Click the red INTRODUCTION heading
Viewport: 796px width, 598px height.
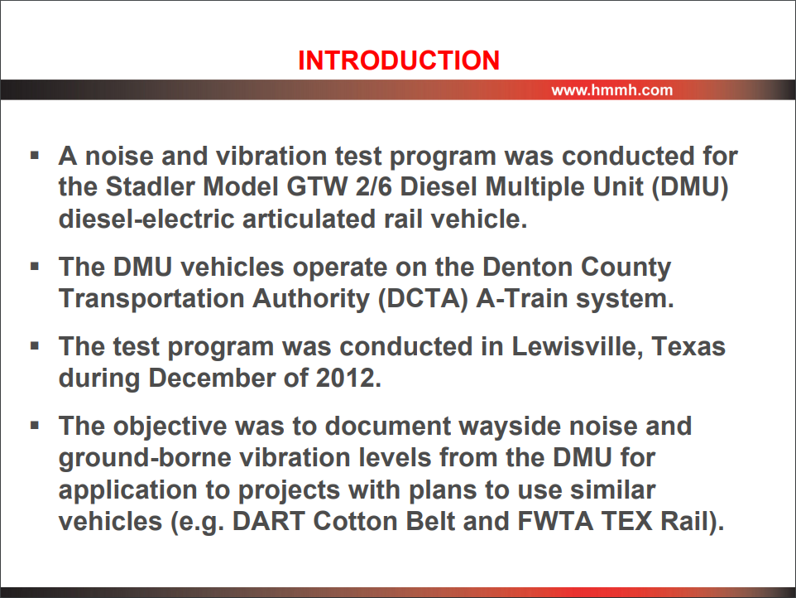tap(399, 60)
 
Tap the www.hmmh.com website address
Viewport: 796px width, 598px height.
tap(611, 90)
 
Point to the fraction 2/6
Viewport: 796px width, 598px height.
tap(374, 186)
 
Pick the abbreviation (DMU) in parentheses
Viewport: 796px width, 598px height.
tap(690, 187)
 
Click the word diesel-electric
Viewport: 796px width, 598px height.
tap(146, 219)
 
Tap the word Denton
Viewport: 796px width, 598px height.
tap(527, 267)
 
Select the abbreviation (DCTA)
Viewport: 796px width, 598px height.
tap(423, 299)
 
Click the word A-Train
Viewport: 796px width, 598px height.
tap(522, 298)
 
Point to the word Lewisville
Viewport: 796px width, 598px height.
tap(578, 346)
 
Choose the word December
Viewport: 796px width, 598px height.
tap(228, 378)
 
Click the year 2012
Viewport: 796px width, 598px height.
tap(348, 378)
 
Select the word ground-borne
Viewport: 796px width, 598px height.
tap(145, 458)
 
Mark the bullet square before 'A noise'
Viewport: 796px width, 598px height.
tap(35, 155)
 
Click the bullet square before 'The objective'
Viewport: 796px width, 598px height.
tap(35, 425)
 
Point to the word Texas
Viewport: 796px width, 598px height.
tap(688, 346)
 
